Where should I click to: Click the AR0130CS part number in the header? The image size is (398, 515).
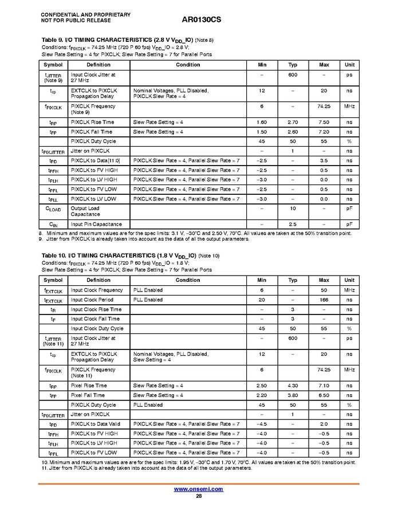pos(202,19)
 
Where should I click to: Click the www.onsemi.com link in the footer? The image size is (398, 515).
pos(198,489)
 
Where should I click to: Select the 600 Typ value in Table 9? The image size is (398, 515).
pos(293,74)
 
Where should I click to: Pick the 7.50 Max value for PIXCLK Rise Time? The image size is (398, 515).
pos(324,122)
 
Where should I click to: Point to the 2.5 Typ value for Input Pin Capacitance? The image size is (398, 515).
pos(293,224)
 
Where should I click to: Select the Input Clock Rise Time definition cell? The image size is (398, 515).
pos(96,309)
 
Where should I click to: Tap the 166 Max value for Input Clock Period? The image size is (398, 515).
pos(324,300)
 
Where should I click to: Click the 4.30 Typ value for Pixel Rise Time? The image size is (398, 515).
pos(293,386)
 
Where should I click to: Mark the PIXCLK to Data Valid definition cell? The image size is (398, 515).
pos(96,424)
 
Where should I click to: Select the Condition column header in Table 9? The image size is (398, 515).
pos(188,65)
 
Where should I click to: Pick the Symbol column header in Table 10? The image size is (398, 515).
pos(53,280)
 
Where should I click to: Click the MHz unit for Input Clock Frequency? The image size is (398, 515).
pos(349,290)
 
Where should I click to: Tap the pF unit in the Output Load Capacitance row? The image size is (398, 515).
pos(349,208)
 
